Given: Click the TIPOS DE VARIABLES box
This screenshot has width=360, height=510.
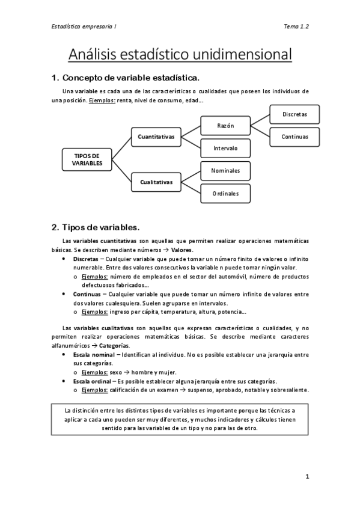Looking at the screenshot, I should point(87,159).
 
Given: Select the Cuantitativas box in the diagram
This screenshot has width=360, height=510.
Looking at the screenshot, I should point(156,137).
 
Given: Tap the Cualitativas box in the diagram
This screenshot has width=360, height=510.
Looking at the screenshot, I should point(156,181).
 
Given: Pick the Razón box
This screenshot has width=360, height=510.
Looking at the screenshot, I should point(225,126).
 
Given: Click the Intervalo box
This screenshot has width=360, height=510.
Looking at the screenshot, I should point(225,148).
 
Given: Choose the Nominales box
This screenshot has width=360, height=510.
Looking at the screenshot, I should point(225,170).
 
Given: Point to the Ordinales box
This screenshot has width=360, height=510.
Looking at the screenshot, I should point(225,193).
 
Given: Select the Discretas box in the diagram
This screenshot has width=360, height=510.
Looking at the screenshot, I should point(294,114).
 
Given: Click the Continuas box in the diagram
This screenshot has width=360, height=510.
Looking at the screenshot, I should point(294,137).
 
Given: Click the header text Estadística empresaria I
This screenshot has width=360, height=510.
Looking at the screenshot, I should point(75,26).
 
